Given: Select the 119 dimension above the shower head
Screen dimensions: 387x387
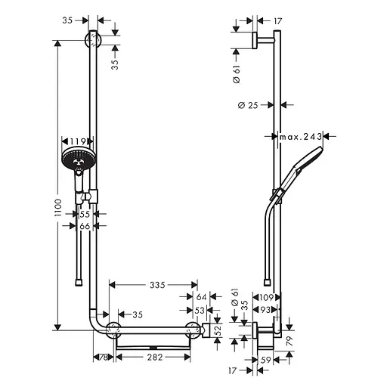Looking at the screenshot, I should click(x=76, y=141).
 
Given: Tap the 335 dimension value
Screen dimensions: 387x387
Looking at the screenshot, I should click(x=156, y=285).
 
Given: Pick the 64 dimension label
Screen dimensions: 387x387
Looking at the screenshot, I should click(x=201, y=297).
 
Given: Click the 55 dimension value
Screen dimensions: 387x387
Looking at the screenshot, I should click(x=85, y=214).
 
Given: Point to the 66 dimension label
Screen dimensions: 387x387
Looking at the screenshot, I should click(x=85, y=226).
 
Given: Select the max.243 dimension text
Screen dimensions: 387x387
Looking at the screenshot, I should click(x=301, y=137).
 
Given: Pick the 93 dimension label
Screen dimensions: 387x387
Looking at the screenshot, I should click(x=265, y=310).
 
